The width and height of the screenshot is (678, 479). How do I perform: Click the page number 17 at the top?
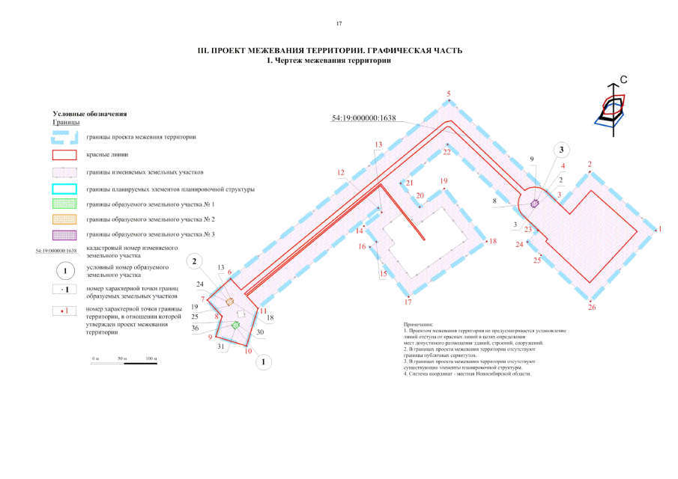(339, 24)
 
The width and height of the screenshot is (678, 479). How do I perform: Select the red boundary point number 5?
(449, 94)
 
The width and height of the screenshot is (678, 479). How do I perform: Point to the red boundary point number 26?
(592, 307)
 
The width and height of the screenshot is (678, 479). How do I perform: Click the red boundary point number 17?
(408, 302)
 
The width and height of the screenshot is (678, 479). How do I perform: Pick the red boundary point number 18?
(492, 241)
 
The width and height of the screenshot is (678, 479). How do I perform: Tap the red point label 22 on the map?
(447, 152)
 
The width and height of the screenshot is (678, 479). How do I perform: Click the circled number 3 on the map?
(561, 150)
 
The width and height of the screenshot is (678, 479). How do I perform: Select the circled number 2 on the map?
(196, 261)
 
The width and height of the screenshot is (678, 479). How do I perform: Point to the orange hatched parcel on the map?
(230, 301)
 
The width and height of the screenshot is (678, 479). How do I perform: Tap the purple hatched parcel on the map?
(535, 203)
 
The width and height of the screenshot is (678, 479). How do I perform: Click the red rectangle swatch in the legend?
(64, 155)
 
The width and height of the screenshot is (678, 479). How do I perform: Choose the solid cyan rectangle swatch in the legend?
(64, 189)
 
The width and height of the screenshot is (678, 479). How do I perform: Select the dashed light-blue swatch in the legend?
(64, 138)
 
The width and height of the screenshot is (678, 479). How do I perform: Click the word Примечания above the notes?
(418, 324)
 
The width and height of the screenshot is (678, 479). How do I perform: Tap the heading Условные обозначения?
(85, 114)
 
